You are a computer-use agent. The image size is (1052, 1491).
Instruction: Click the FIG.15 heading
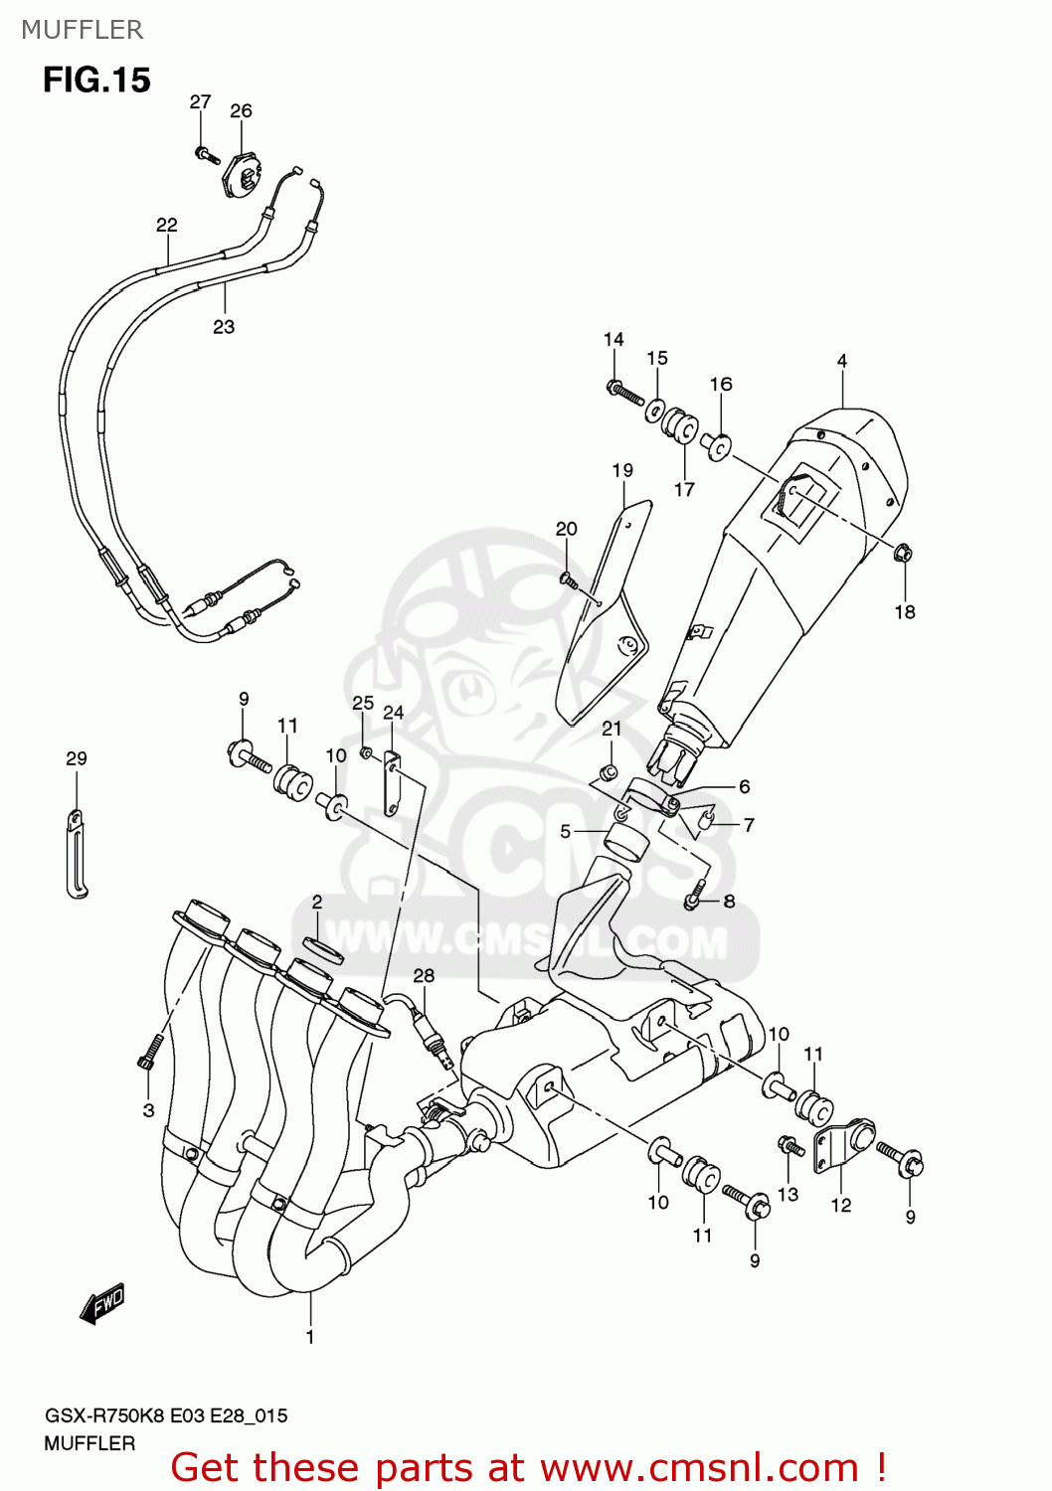pyautogui.click(x=96, y=80)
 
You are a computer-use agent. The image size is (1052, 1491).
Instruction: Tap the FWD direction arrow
pyautogui.click(x=102, y=1303)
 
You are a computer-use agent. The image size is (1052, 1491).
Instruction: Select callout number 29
pyautogui.click(x=77, y=758)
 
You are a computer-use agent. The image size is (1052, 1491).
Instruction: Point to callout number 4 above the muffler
pyautogui.click(x=842, y=361)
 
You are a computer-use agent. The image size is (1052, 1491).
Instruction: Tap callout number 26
pyautogui.click(x=241, y=110)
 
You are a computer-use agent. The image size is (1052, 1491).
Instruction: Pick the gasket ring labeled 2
pyautogui.click(x=323, y=949)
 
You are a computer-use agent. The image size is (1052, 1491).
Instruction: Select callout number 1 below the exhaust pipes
pyautogui.click(x=310, y=1337)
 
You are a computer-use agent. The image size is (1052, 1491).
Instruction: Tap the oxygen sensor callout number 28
pyautogui.click(x=424, y=975)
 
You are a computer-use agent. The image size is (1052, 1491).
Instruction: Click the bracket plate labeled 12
pyautogui.click(x=841, y=1148)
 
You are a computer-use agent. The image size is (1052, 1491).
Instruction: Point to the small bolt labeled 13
pyautogui.click(x=791, y=1147)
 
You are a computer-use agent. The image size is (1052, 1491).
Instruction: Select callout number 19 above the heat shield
pyautogui.click(x=622, y=470)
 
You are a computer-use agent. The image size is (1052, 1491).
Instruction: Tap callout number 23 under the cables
pyautogui.click(x=224, y=326)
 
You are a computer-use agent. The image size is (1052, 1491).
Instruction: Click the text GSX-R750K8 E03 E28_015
pyautogui.click(x=166, y=1415)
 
